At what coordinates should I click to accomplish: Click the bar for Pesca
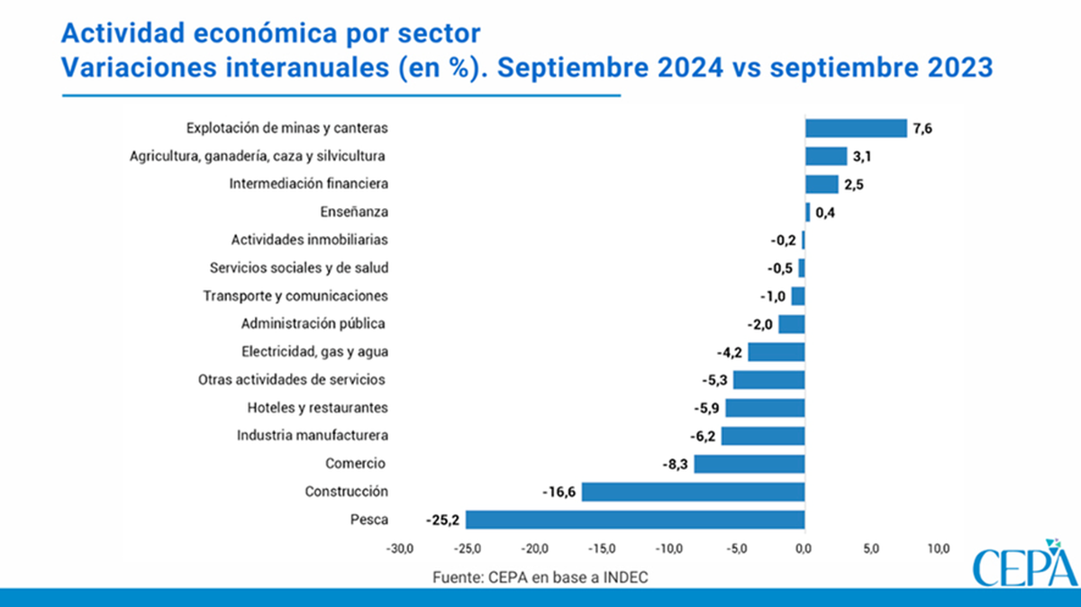634,520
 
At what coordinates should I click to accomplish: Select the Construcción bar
693,492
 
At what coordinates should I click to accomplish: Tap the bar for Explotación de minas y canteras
856,128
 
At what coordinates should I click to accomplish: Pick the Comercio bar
749,464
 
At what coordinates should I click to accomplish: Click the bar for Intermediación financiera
822,184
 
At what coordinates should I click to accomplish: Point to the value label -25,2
441,520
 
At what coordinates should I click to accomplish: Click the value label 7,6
922,129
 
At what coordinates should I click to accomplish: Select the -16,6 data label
559,492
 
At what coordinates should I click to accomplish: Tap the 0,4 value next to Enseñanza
825,213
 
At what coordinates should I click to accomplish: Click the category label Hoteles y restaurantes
318,408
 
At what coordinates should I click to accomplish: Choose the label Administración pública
313,323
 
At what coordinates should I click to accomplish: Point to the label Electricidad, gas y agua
314,351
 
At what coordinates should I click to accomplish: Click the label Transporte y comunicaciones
295,295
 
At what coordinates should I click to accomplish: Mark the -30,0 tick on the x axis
399,548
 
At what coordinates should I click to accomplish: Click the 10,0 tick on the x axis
938,548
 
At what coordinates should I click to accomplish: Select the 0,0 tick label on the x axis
804,548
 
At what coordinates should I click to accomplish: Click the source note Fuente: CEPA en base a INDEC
540,576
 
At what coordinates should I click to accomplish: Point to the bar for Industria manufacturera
762,436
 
